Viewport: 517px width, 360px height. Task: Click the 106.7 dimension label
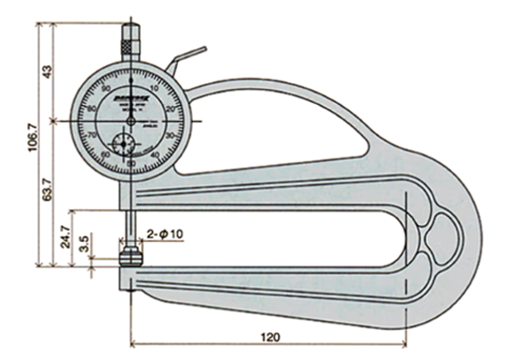coord(34,149)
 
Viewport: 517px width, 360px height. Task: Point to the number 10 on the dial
coord(154,90)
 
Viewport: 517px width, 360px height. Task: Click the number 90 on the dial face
coord(106,90)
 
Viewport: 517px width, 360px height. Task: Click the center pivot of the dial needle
coord(130,119)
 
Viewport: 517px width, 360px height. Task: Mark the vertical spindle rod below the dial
coord(131,212)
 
